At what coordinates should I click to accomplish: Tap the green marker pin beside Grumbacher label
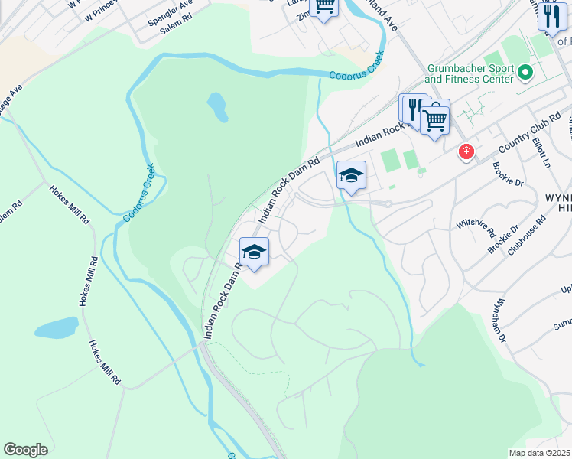[525, 73]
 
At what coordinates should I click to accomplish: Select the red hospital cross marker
[465, 152]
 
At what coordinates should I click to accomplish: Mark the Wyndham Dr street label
[499, 320]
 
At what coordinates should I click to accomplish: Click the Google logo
[25, 450]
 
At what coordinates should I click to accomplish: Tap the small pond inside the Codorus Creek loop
[217, 107]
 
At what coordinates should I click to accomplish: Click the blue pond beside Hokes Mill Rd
[56, 328]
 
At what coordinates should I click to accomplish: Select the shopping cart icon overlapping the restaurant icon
[434, 117]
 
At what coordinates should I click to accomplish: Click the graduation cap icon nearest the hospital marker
[351, 174]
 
